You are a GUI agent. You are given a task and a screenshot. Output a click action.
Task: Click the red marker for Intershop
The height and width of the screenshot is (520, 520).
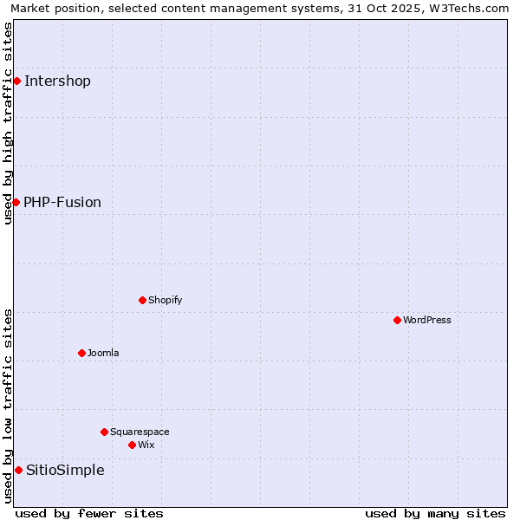[x=16, y=81]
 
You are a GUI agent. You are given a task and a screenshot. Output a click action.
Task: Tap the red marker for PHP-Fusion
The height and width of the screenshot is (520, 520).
[x=16, y=202]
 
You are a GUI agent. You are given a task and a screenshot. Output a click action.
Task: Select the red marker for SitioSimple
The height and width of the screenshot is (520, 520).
[x=18, y=470]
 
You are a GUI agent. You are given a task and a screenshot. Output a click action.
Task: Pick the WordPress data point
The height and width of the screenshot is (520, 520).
[x=397, y=320]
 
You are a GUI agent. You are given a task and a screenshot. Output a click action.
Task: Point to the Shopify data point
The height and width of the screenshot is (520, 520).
[x=142, y=300]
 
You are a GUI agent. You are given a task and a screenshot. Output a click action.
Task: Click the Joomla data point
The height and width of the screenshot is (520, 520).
[x=81, y=353]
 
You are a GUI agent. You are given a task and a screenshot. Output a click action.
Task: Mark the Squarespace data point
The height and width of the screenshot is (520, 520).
[x=104, y=432]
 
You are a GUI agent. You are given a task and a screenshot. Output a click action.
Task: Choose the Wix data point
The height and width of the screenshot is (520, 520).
[x=132, y=445]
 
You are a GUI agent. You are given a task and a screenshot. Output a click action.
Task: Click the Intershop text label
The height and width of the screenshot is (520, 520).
[x=57, y=81]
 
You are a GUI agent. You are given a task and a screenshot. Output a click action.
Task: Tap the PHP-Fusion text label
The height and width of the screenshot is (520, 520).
[x=62, y=203]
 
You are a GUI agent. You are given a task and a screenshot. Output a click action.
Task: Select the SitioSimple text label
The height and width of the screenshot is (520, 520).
[x=65, y=471]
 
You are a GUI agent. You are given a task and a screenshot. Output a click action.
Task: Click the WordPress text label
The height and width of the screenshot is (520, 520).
[x=427, y=321]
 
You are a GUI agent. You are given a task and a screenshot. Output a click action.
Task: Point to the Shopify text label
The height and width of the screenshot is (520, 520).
[x=165, y=301]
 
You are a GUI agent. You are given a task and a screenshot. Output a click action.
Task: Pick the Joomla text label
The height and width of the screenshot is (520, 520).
[x=103, y=354]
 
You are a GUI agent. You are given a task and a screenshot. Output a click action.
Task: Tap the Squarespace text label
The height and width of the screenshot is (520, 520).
[x=140, y=432]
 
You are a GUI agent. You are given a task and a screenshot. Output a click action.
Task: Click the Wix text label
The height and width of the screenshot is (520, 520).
[x=146, y=445]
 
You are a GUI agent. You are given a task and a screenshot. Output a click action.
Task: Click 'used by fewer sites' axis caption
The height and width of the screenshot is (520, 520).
[x=89, y=513]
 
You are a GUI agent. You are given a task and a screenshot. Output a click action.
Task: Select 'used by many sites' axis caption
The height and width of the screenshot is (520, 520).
[x=435, y=513]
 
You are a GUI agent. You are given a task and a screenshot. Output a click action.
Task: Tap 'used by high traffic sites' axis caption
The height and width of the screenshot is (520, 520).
[x=8, y=123]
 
